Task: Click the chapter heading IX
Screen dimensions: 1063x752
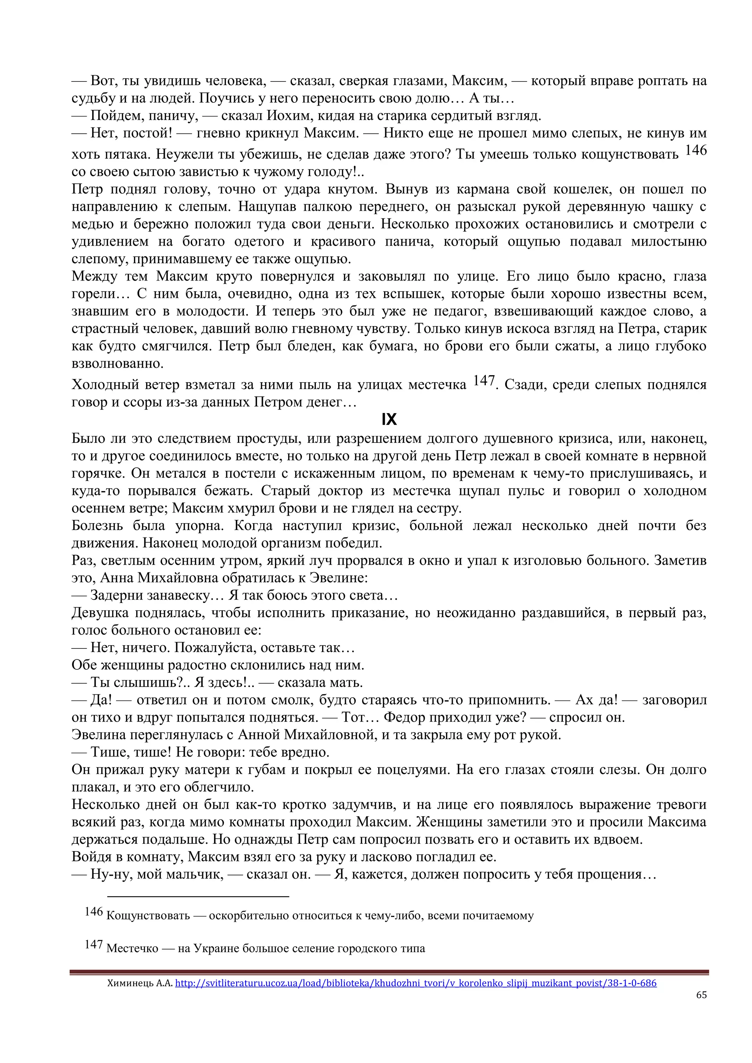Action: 389,419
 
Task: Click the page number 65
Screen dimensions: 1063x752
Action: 701,994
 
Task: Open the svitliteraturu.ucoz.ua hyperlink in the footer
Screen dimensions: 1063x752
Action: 415,983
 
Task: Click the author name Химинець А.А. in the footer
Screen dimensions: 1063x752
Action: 140,983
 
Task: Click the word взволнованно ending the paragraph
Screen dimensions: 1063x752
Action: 117,364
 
